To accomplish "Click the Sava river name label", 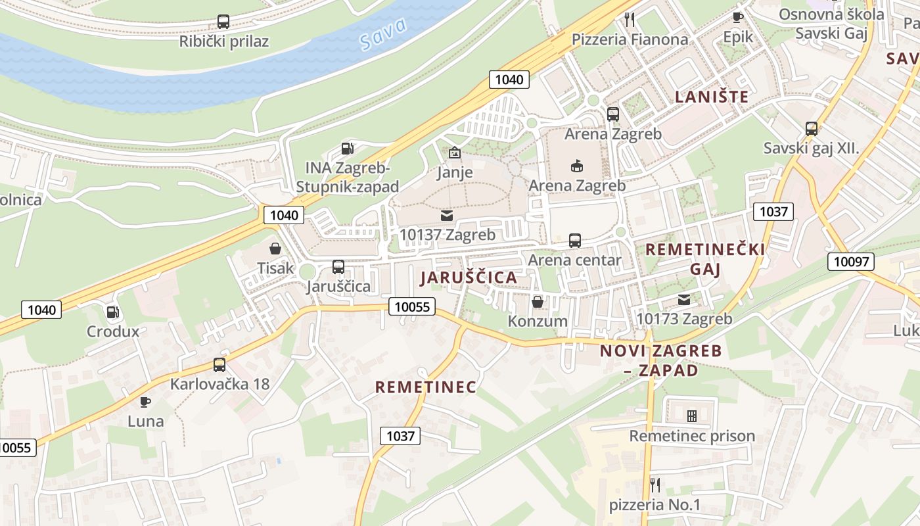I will click(384, 34).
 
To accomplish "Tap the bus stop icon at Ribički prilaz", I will click(223, 22).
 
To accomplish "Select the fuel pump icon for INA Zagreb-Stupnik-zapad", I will click(347, 149).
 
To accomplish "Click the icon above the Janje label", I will click(454, 153).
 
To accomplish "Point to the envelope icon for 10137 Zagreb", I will click(447, 215).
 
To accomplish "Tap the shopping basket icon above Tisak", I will click(275, 249).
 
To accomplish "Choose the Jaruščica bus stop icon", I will click(338, 267).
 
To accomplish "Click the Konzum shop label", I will click(537, 321).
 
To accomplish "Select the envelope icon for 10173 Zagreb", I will click(684, 300).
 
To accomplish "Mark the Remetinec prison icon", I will click(691, 416).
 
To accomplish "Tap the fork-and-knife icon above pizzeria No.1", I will click(655, 485).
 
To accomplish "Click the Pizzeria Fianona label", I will click(630, 39).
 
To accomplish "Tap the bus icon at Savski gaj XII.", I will click(811, 129).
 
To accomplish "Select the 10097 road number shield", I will click(851, 261).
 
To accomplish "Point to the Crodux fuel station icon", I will click(113, 312).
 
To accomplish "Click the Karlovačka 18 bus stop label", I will click(219, 384).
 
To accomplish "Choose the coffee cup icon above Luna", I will click(145, 402).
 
